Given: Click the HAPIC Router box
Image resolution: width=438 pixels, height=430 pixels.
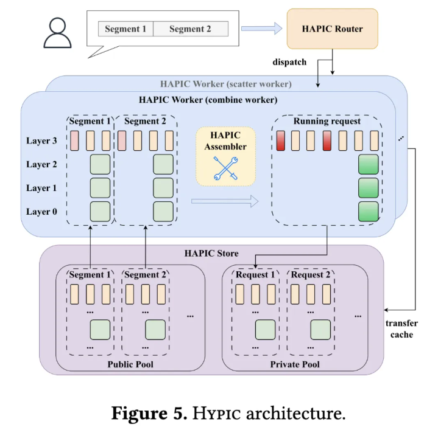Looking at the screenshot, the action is [332, 29].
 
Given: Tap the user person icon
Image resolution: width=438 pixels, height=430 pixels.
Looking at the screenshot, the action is [57, 33].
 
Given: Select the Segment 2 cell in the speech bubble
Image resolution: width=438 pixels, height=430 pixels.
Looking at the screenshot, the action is [191, 29].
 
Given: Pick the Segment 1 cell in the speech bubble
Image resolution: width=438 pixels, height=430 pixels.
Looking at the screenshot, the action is [125, 29].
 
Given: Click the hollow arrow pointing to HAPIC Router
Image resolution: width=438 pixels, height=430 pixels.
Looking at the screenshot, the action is [262, 29].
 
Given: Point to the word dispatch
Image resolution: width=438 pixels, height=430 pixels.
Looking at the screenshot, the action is [289, 62].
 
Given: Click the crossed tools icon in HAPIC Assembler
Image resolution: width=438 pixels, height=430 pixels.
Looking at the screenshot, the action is [226, 168].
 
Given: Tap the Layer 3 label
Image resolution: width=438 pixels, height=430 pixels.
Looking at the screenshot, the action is [41, 140].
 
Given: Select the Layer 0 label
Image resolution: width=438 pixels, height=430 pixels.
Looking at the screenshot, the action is [41, 212].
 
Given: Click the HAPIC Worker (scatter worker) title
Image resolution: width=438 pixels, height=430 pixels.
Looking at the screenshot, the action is [226, 84].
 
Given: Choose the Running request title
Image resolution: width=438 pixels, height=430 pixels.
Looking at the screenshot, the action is [327, 121].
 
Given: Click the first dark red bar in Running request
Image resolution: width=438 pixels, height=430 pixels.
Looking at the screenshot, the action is [281, 141].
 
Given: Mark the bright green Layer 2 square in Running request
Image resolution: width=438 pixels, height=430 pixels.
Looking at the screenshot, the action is [369, 165].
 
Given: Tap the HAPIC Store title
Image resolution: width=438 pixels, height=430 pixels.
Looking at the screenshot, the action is [211, 253].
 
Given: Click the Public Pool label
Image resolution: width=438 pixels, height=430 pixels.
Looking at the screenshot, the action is [130, 364].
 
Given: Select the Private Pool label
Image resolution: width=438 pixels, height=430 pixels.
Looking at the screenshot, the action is [295, 364].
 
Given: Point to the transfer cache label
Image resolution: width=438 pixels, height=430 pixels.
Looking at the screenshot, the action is [401, 329].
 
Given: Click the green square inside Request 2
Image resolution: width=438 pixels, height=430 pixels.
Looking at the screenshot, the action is [320, 330].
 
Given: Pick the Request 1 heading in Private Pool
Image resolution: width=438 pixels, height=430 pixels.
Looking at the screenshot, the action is [255, 275].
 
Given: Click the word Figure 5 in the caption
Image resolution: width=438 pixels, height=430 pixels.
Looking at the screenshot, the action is [149, 413].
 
